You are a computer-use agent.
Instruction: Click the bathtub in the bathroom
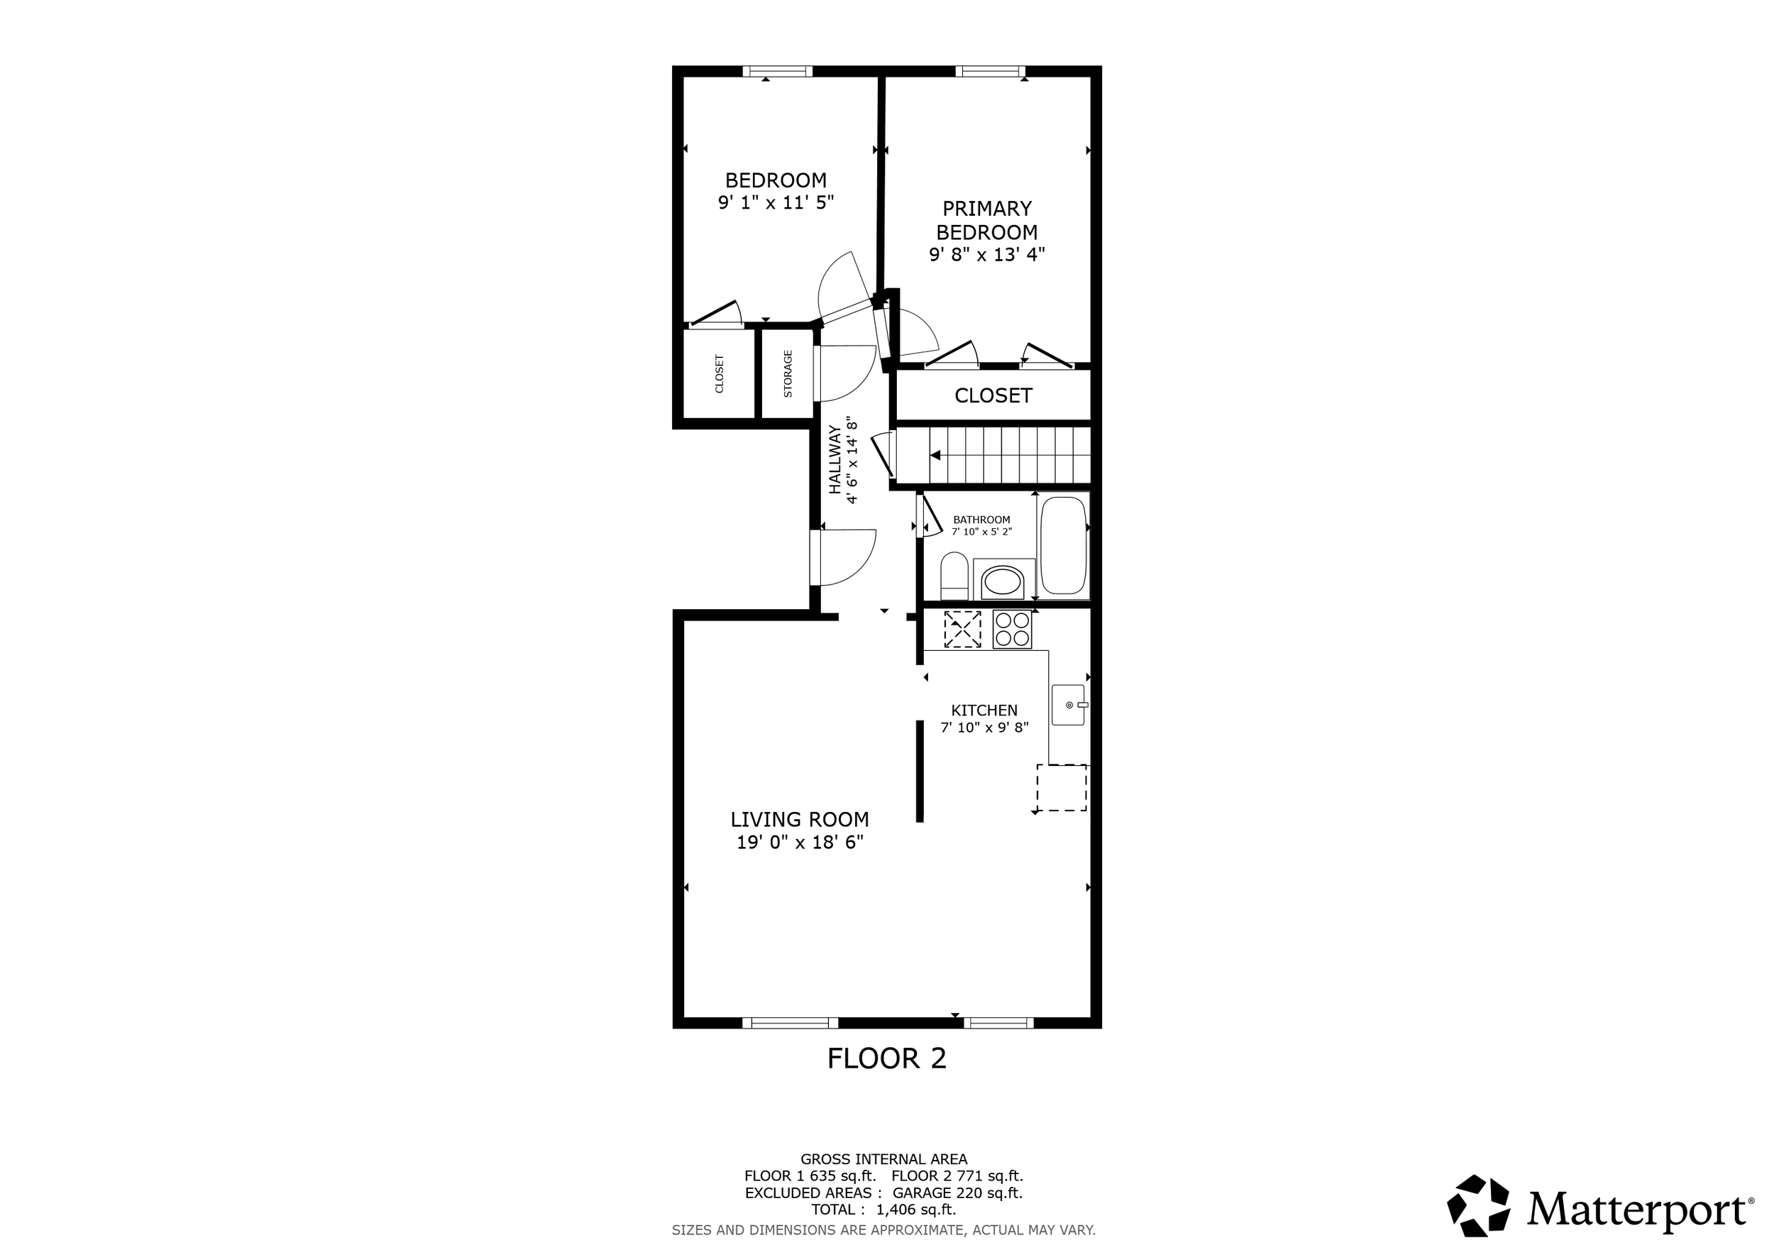tap(1063, 546)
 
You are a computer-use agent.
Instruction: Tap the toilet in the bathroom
tap(954, 575)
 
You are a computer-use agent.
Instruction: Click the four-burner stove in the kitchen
tap(1012, 629)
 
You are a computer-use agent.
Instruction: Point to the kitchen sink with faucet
tap(1069, 705)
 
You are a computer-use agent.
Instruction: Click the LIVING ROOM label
tap(800, 819)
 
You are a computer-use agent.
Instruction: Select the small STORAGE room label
tap(788, 374)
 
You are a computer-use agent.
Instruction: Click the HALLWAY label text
tap(835, 460)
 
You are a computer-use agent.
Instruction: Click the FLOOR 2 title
tap(886, 1058)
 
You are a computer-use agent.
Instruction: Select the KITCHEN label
tap(984, 710)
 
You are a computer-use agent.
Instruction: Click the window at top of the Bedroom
tap(777, 71)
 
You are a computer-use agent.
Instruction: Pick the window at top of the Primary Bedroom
tap(990, 71)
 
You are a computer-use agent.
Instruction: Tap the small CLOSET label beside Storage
tap(720, 374)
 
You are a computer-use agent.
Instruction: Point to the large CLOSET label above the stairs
tap(993, 395)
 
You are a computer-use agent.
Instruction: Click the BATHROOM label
tap(981, 520)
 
